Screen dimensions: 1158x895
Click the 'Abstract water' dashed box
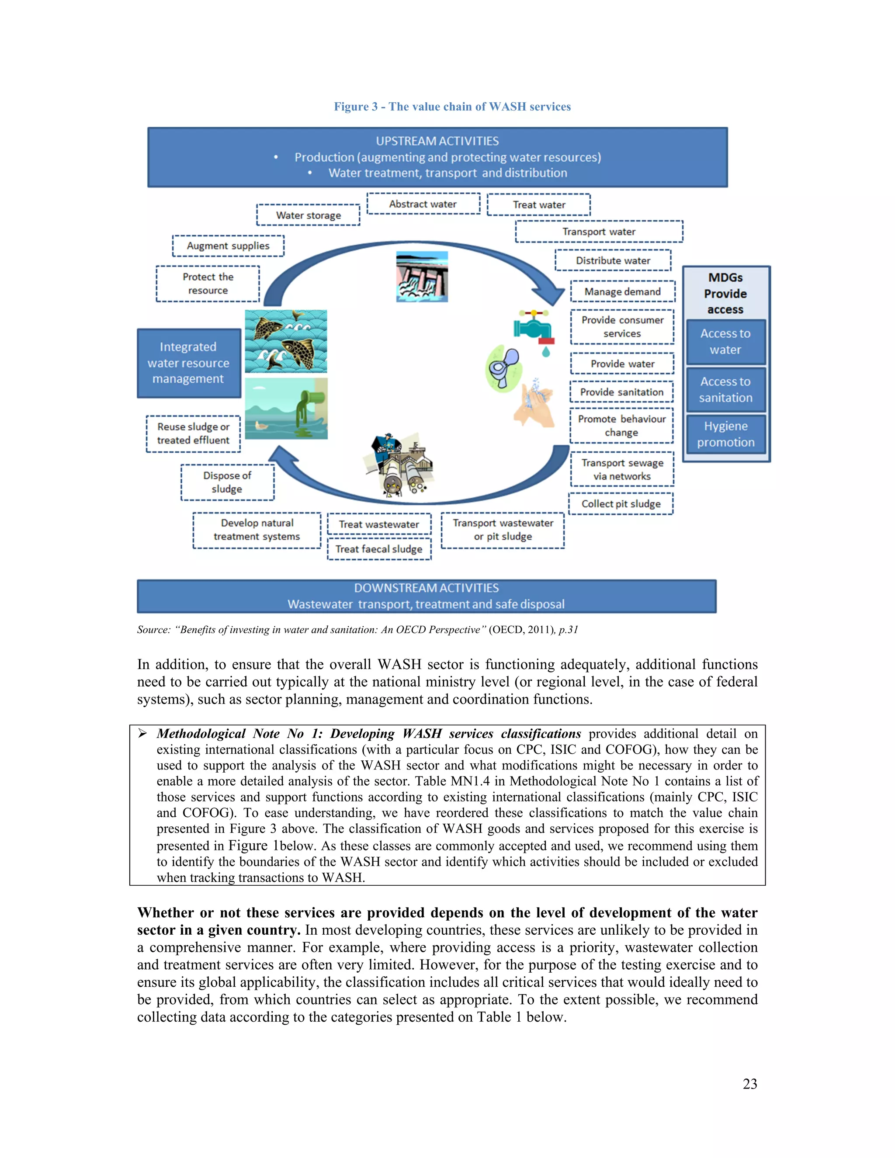tap(423, 204)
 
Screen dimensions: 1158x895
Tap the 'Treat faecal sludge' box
tap(379, 549)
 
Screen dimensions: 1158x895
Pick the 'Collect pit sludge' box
tap(621, 504)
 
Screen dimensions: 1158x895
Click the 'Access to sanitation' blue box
tap(725, 390)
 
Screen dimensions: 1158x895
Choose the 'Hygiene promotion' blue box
tap(725, 434)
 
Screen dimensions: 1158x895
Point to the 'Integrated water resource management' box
tap(189, 363)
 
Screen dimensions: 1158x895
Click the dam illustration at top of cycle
tap(422, 277)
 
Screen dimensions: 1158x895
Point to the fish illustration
tap(286, 341)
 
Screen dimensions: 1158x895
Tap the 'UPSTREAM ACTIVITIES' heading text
tap(437, 141)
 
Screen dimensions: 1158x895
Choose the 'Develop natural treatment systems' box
tap(257, 530)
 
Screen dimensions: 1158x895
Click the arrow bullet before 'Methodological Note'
tap(142, 733)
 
